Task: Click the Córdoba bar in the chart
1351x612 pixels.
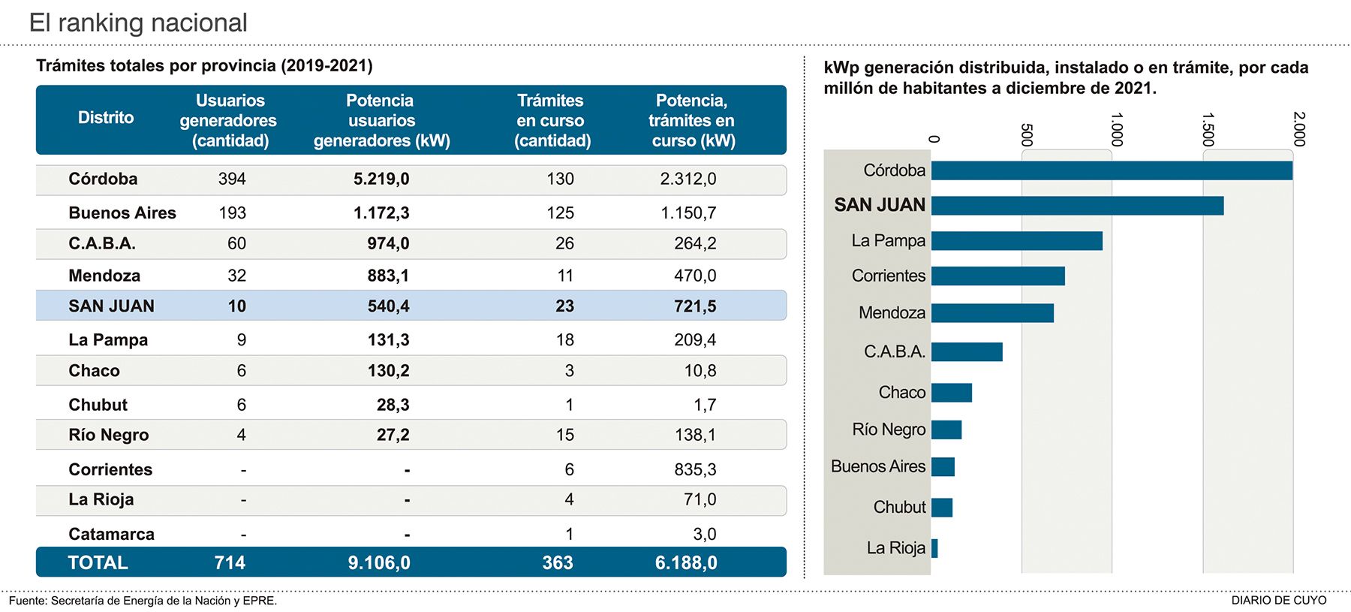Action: coord(1111,170)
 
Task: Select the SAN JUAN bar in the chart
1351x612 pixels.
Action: coord(1077,205)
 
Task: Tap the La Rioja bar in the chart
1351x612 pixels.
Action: coord(934,548)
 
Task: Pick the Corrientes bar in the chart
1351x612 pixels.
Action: coord(997,276)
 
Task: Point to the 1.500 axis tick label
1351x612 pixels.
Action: coord(1207,129)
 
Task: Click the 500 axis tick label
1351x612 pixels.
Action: coord(1026,134)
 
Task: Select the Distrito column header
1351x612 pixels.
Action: coord(106,118)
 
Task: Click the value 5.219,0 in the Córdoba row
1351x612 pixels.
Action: coord(381,179)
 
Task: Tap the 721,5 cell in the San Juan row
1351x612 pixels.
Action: coord(695,306)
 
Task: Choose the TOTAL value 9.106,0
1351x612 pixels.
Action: coord(379,563)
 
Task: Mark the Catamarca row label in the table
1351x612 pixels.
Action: coord(111,534)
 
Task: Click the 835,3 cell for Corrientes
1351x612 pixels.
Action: coord(695,470)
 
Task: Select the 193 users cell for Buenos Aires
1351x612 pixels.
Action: coord(232,213)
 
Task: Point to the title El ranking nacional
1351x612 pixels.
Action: coord(138,23)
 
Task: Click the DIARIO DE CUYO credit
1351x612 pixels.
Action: coord(1278,601)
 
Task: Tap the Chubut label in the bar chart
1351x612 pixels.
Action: coord(899,508)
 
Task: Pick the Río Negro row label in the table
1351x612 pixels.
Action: coord(108,436)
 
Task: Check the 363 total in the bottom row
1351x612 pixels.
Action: coord(558,563)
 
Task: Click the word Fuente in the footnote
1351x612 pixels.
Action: coord(27,601)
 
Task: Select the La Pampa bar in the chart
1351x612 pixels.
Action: coord(1016,241)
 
